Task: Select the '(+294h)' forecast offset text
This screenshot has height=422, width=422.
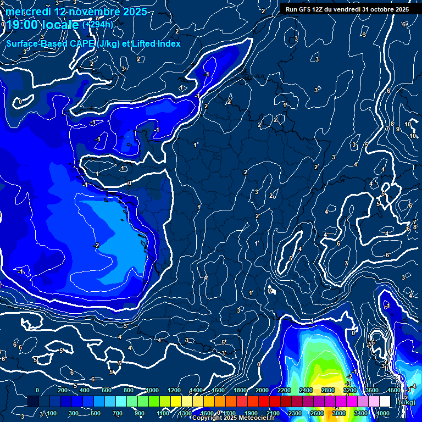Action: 97,25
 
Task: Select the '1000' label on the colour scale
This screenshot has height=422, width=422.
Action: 152,390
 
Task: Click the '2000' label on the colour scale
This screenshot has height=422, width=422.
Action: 262,390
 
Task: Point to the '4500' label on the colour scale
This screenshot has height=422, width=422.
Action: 394,390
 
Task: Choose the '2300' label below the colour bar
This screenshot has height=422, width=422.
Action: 295,413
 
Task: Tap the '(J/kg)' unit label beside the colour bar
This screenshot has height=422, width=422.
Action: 406,402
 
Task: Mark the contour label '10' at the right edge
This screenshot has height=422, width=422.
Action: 408,125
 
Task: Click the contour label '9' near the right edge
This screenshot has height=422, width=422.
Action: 397,129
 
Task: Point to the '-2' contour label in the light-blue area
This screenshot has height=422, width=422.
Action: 96,245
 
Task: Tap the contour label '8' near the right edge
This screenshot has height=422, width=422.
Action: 392,124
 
